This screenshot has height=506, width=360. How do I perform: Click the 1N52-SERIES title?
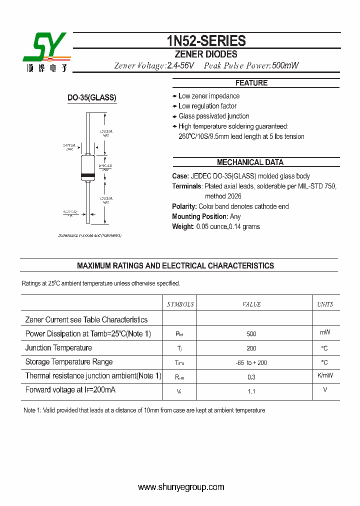205,41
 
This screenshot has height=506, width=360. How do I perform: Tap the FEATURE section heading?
251,83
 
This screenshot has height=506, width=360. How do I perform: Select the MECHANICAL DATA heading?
250,162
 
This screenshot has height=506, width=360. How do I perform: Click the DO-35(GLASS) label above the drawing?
92,98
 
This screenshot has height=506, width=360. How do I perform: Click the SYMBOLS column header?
180,304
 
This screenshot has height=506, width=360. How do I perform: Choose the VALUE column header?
251,304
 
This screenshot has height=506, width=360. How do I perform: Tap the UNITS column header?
325,304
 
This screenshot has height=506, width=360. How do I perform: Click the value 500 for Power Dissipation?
251,334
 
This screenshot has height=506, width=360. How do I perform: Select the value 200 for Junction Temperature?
251,348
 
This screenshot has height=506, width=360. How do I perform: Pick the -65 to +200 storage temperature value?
251,362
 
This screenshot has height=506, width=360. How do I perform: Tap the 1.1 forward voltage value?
251,391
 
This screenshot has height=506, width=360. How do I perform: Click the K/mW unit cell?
325,375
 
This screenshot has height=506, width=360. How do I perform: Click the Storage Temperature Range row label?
69,361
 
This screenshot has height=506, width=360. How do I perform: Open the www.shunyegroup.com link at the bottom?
181,487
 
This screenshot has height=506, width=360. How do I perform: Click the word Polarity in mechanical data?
184,206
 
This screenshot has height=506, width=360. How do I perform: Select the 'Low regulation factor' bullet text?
207,106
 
